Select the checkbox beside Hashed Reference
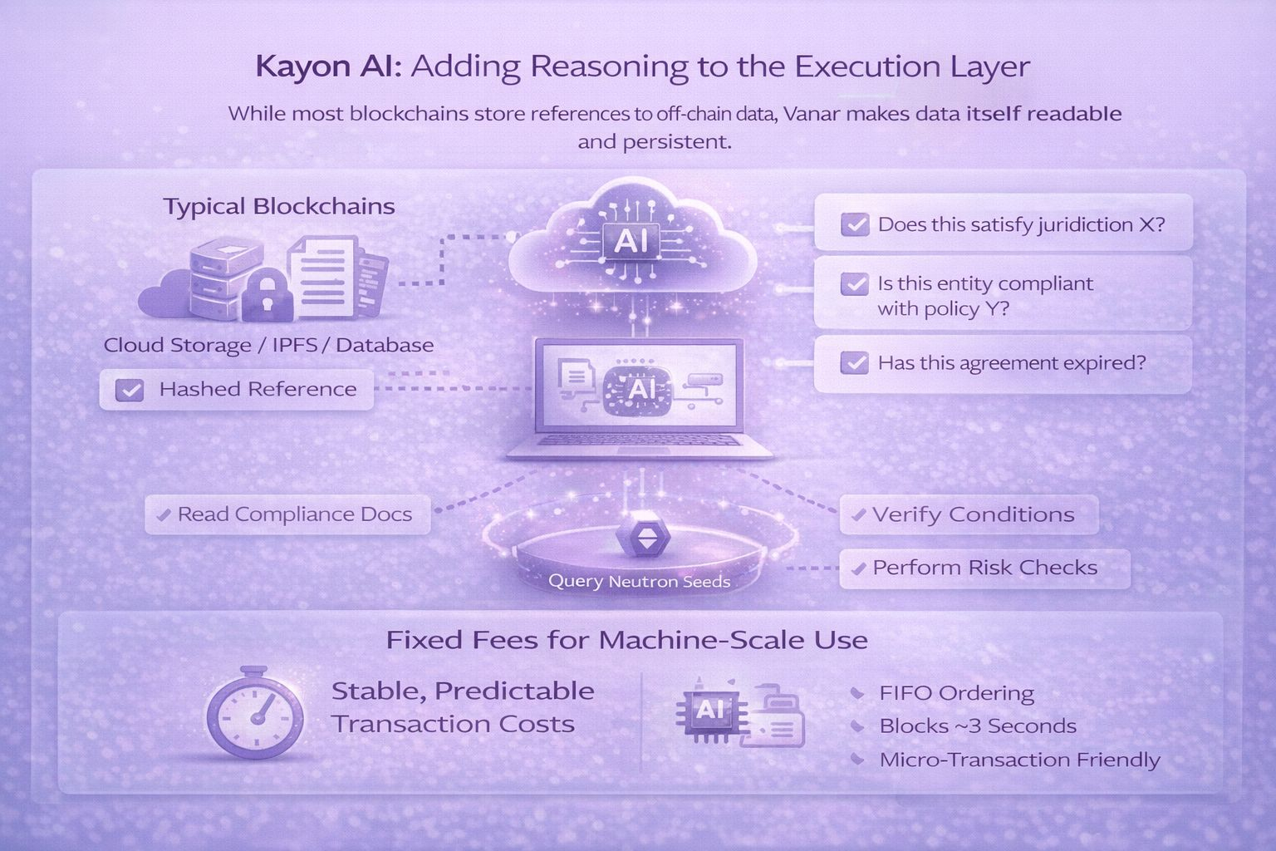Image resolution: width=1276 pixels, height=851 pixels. click(130, 390)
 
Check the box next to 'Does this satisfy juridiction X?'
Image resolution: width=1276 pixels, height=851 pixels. click(855, 224)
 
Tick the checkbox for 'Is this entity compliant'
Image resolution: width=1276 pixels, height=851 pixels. click(855, 284)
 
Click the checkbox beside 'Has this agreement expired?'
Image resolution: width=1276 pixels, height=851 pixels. click(855, 363)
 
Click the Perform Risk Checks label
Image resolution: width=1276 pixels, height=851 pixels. click(984, 568)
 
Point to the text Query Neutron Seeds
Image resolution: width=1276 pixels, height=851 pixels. click(639, 581)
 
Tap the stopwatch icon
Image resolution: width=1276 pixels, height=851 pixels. click(254, 713)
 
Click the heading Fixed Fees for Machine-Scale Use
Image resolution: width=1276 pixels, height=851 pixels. click(626, 640)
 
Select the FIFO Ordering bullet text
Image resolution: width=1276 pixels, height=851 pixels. click(956, 693)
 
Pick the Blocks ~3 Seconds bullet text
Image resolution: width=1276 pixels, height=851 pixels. click(978, 726)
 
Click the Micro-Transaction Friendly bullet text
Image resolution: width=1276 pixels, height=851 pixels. click(1019, 760)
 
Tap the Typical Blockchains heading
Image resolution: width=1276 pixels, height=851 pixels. click(279, 206)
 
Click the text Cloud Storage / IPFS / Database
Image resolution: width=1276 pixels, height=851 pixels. click(268, 345)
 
